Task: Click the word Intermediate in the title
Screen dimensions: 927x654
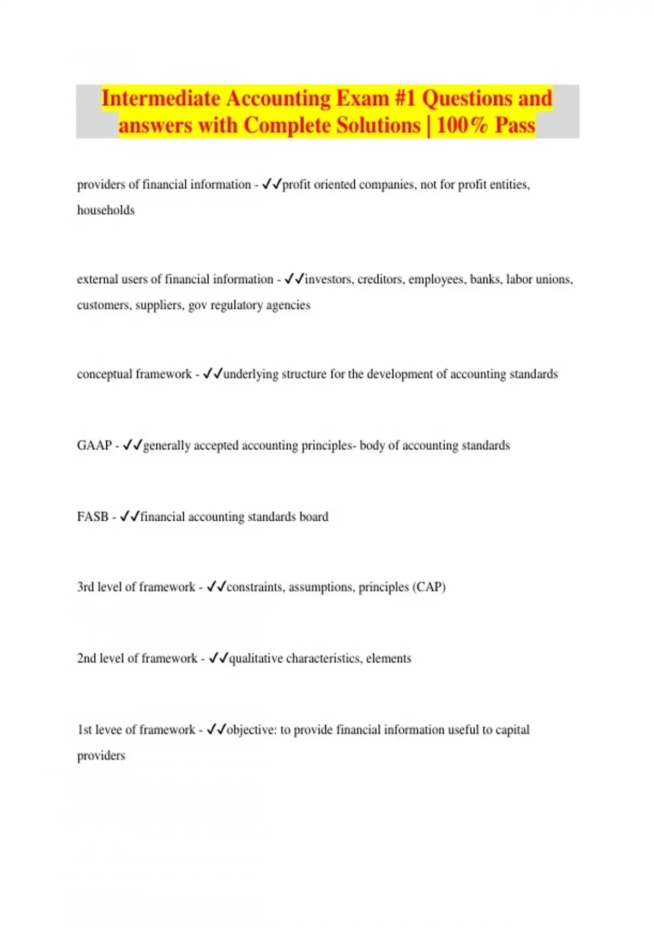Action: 161,99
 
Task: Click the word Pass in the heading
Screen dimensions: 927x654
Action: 515,125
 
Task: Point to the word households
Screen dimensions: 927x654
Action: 106,210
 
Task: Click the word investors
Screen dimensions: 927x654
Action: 328,280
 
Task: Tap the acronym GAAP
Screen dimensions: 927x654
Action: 94,446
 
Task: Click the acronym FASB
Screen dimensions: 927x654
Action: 93,517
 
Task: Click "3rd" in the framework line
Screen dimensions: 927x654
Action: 86,587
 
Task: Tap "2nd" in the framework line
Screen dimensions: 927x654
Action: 87,659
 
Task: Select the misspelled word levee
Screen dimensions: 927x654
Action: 108,730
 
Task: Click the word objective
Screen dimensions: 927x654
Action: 251,730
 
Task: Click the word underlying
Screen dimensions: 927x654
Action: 251,375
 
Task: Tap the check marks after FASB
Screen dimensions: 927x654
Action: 130,516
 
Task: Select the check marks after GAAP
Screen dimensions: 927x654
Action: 132,445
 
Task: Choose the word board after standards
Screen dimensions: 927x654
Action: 314,517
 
